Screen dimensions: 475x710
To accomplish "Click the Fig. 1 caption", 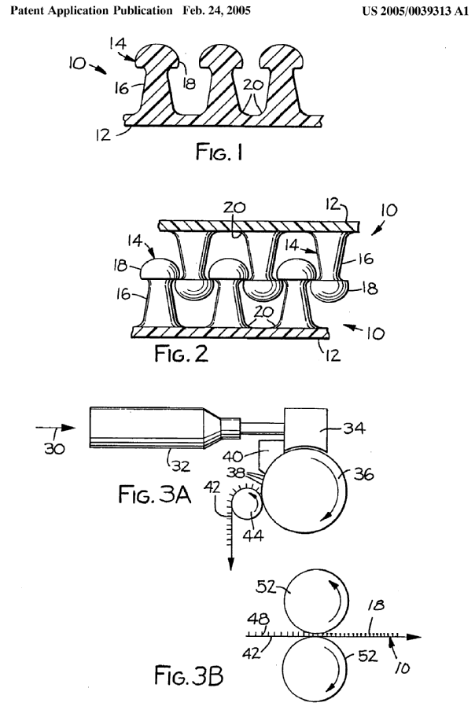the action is (x=219, y=152).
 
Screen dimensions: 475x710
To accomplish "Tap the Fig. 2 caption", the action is (x=182, y=354).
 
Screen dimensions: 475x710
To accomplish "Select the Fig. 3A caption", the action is (x=155, y=494).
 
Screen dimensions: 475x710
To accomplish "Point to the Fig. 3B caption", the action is (x=189, y=675).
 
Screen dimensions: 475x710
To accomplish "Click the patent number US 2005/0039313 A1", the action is (x=415, y=11).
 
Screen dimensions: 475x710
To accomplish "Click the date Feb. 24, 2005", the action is (x=216, y=10).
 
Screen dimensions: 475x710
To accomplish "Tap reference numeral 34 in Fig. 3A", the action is (x=354, y=429).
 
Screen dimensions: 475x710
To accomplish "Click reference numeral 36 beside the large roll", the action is (x=364, y=475).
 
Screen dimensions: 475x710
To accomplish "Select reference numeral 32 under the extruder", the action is (x=181, y=466).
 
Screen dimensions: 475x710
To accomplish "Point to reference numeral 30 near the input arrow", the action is (x=54, y=449).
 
